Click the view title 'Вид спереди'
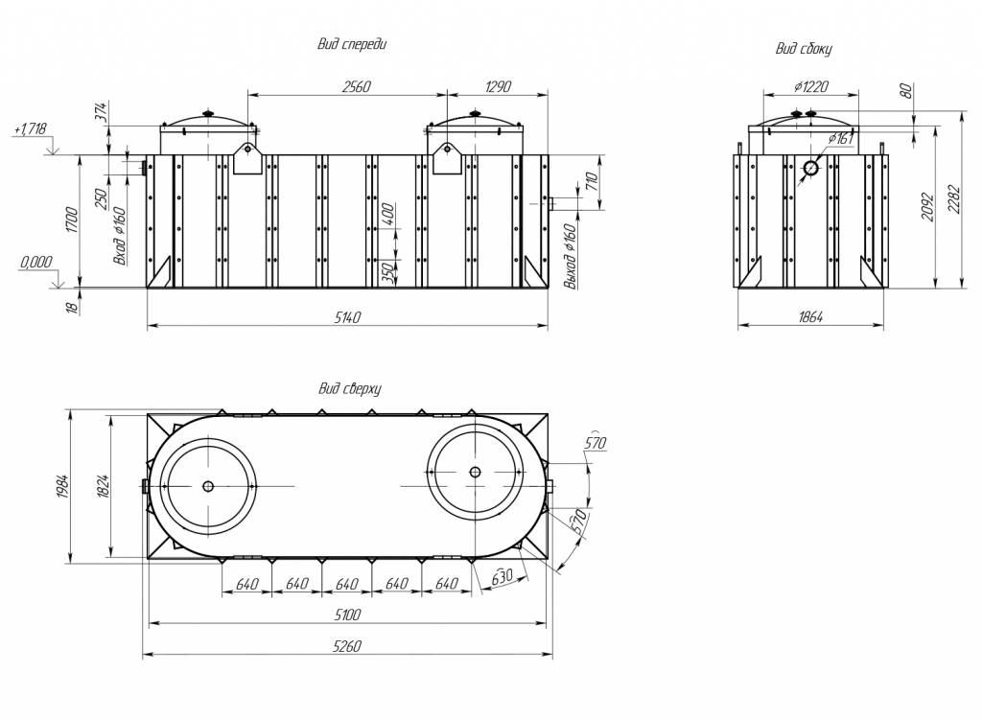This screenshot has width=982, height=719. pos(352,44)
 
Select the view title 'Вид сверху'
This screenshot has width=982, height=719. pos(351,388)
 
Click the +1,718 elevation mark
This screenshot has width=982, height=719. pos(33,128)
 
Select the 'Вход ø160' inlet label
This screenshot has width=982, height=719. pos(120,234)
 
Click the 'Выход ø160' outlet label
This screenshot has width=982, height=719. pos(570,257)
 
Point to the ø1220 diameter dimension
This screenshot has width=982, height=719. pos(811,87)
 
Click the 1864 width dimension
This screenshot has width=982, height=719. pos(809,317)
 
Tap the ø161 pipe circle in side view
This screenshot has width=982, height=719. pos(811,169)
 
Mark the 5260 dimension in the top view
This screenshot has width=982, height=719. pos(345,646)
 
